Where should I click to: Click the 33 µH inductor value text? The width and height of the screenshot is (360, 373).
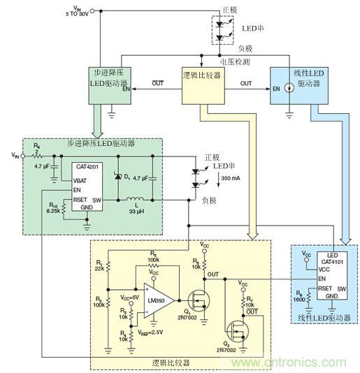coord(136,212)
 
